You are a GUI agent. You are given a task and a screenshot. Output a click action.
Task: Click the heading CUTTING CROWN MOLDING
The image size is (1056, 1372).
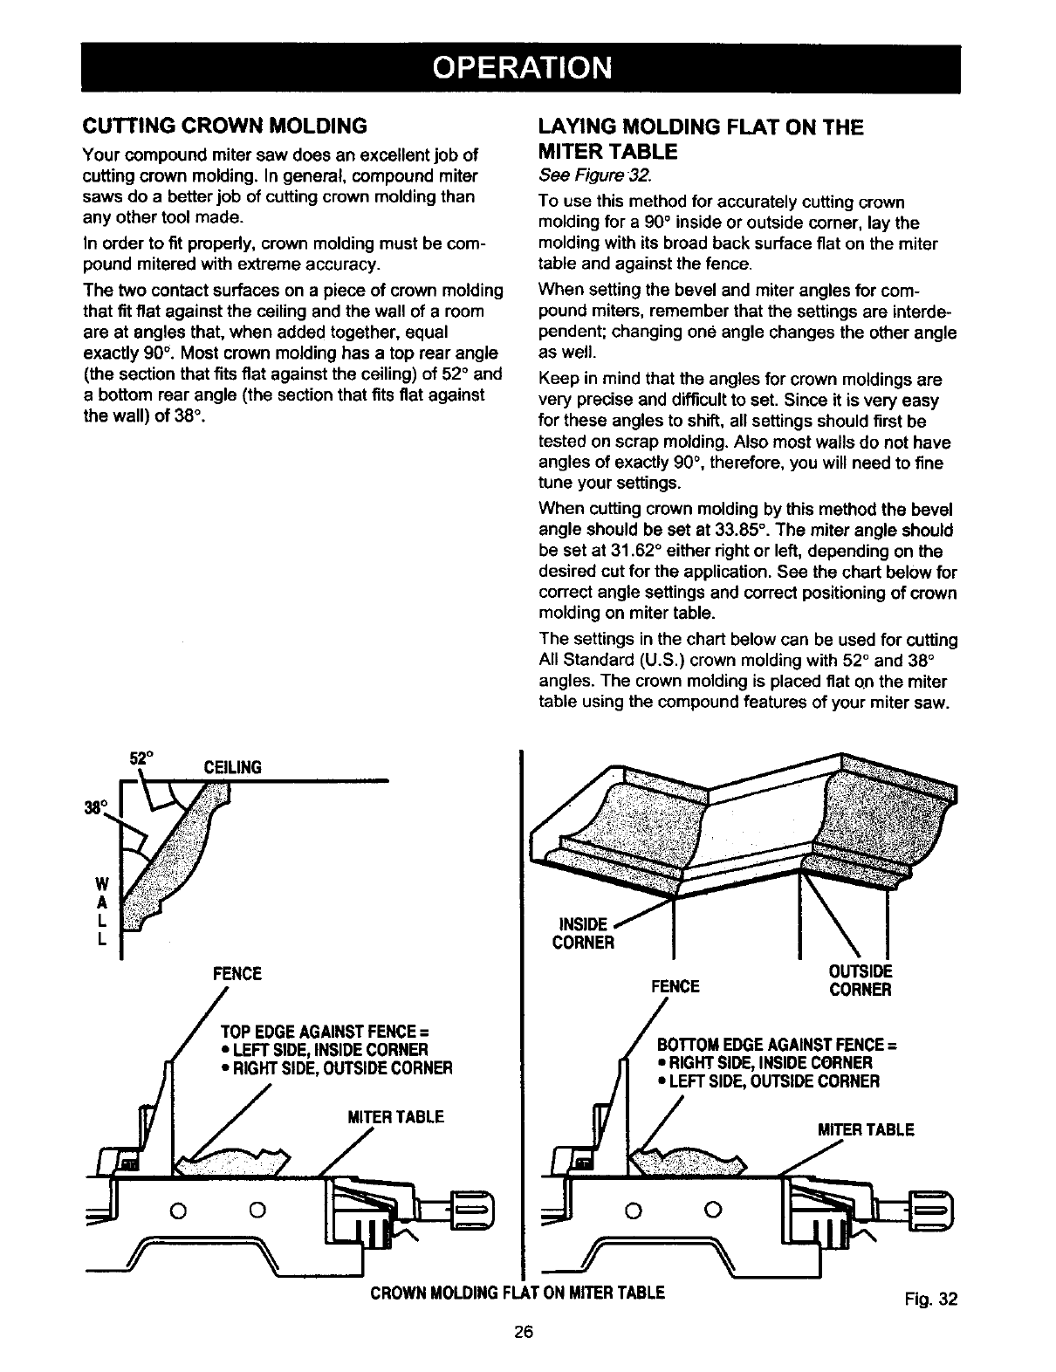tap(224, 126)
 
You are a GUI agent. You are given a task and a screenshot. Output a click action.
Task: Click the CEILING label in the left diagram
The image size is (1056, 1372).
tap(232, 768)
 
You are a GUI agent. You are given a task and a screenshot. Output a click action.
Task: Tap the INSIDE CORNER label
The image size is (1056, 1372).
tap(584, 933)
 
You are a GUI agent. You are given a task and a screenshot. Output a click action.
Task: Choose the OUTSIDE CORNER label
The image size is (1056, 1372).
tap(860, 981)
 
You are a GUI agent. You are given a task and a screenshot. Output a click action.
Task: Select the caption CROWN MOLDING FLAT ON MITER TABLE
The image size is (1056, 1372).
tap(518, 1293)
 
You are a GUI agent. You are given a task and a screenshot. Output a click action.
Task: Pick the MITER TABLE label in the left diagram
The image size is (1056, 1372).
tap(395, 1117)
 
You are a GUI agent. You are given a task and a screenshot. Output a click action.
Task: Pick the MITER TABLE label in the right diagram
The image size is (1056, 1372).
tap(865, 1129)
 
